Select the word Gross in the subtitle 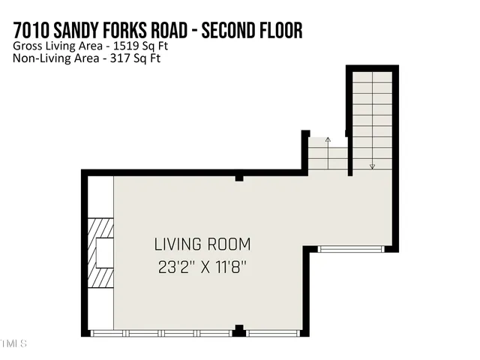pos(28,46)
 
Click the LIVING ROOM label pos(202,244)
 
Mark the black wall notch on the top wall pos(238,178)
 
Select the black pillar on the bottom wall pos(238,329)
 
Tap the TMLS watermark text pos(13,343)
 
